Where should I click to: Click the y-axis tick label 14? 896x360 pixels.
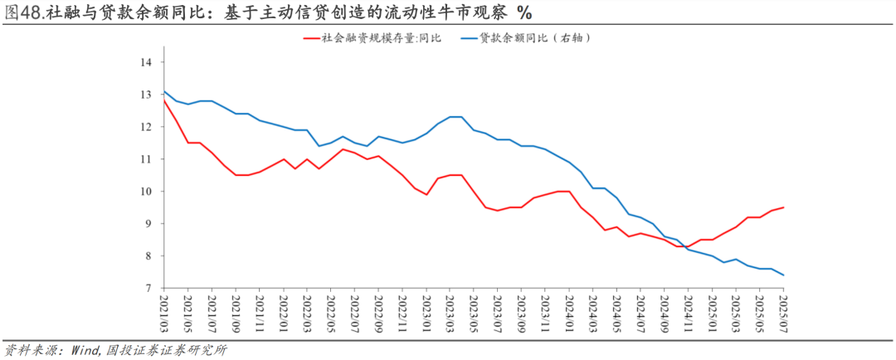coord(145,62)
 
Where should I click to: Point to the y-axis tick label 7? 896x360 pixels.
coord(148,289)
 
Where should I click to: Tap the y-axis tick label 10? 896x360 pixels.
coord(145,192)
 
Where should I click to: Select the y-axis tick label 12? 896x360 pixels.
coord(145,127)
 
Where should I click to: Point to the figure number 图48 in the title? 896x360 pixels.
coord(19,12)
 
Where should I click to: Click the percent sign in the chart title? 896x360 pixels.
coord(524,12)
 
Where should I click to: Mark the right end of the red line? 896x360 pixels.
coord(783,207)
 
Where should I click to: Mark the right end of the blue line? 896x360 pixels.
coord(783,275)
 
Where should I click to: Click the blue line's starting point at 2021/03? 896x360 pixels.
coord(164,91)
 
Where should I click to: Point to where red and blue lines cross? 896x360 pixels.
coord(684,246)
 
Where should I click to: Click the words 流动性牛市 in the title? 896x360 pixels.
coord(436,12)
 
